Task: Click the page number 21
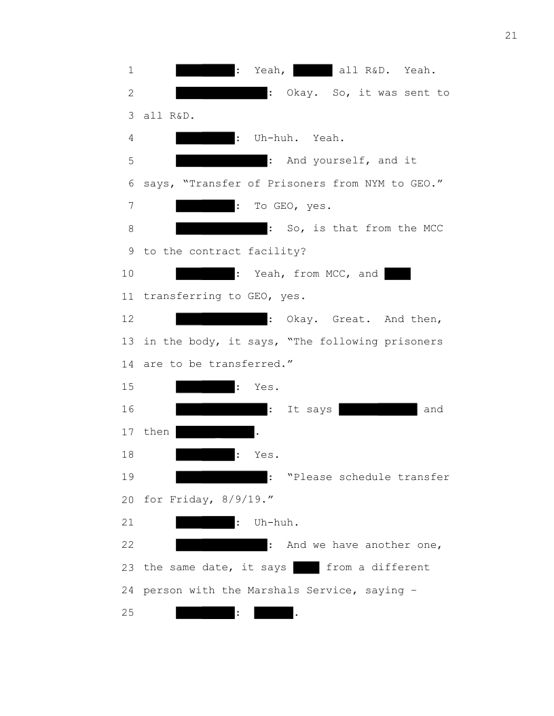[x=511, y=36]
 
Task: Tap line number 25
[x=128, y=613]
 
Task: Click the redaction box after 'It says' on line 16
[x=377, y=409]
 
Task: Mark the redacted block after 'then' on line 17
[x=215, y=432]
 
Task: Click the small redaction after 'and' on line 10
[x=397, y=274]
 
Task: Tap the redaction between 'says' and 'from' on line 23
[x=306, y=568]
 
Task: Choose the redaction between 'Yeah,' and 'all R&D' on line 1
[x=312, y=70]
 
